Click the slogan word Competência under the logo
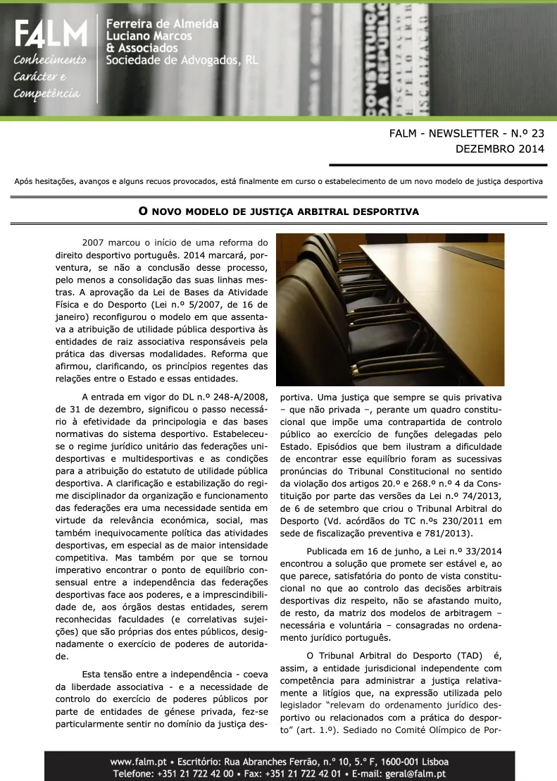46,93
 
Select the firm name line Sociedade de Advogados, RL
182,61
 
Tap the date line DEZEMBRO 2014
501,149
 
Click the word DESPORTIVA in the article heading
386,211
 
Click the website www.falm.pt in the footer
137,762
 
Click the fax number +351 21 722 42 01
311,774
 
